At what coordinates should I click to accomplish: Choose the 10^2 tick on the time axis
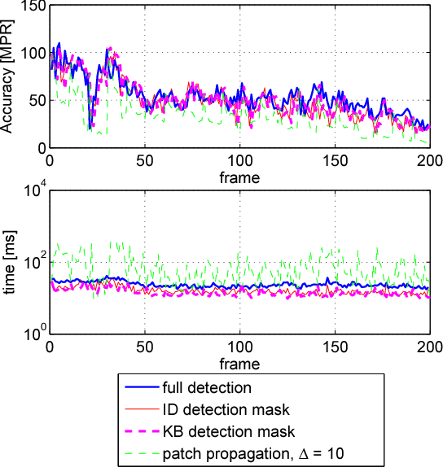coord(32,262)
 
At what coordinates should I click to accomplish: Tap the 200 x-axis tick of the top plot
coord(429,160)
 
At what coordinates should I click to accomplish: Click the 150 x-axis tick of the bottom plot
coord(334,347)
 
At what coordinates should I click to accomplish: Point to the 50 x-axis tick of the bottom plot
coord(144,347)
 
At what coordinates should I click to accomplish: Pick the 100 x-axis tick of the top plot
coord(239,160)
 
